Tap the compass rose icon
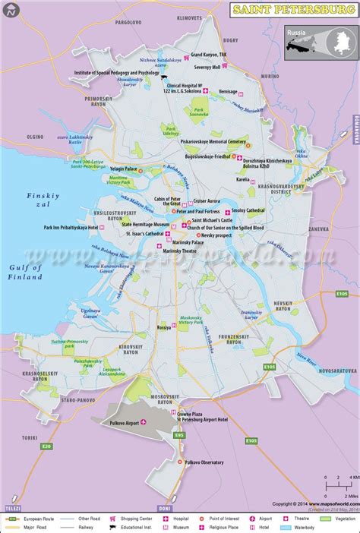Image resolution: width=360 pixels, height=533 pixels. pos(11,11)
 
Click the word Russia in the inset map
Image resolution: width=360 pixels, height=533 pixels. pos(296,33)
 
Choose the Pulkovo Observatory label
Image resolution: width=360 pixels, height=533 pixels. pos(207,462)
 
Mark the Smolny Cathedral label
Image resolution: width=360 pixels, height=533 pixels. pos(248,210)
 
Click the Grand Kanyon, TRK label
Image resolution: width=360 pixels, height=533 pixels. pos(209,55)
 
